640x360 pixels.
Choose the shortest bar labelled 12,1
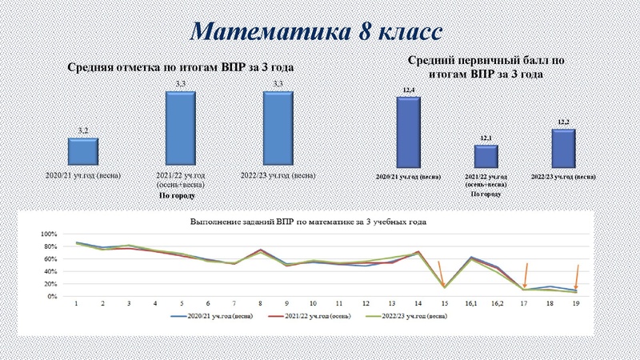[x=486, y=156]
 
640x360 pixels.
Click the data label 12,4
[x=410, y=91]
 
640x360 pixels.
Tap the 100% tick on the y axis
[x=49, y=234]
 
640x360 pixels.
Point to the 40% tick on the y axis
[x=50, y=271]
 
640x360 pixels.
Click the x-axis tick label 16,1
[x=471, y=305]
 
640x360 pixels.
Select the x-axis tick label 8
[x=261, y=305]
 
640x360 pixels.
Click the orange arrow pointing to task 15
[x=442, y=272]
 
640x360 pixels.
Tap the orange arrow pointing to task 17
[x=525, y=274]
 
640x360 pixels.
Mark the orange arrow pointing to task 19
[x=576, y=276]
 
